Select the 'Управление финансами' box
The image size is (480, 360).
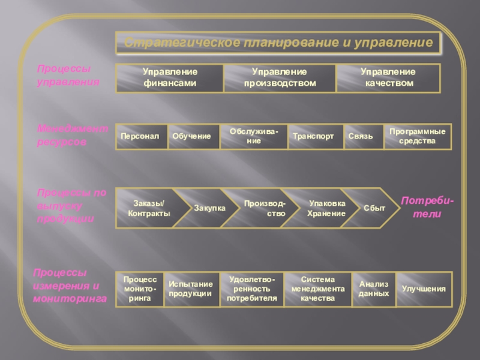click(170, 78)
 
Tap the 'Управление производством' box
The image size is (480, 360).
click(280, 78)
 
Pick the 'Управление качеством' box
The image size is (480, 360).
click(388, 78)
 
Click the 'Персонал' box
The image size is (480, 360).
click(140, 137)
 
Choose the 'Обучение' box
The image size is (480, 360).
click(191, 137)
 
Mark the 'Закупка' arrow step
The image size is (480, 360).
click(208, 208)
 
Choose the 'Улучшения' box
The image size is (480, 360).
click(424, 289)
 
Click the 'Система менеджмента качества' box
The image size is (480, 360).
click(317, 289)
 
